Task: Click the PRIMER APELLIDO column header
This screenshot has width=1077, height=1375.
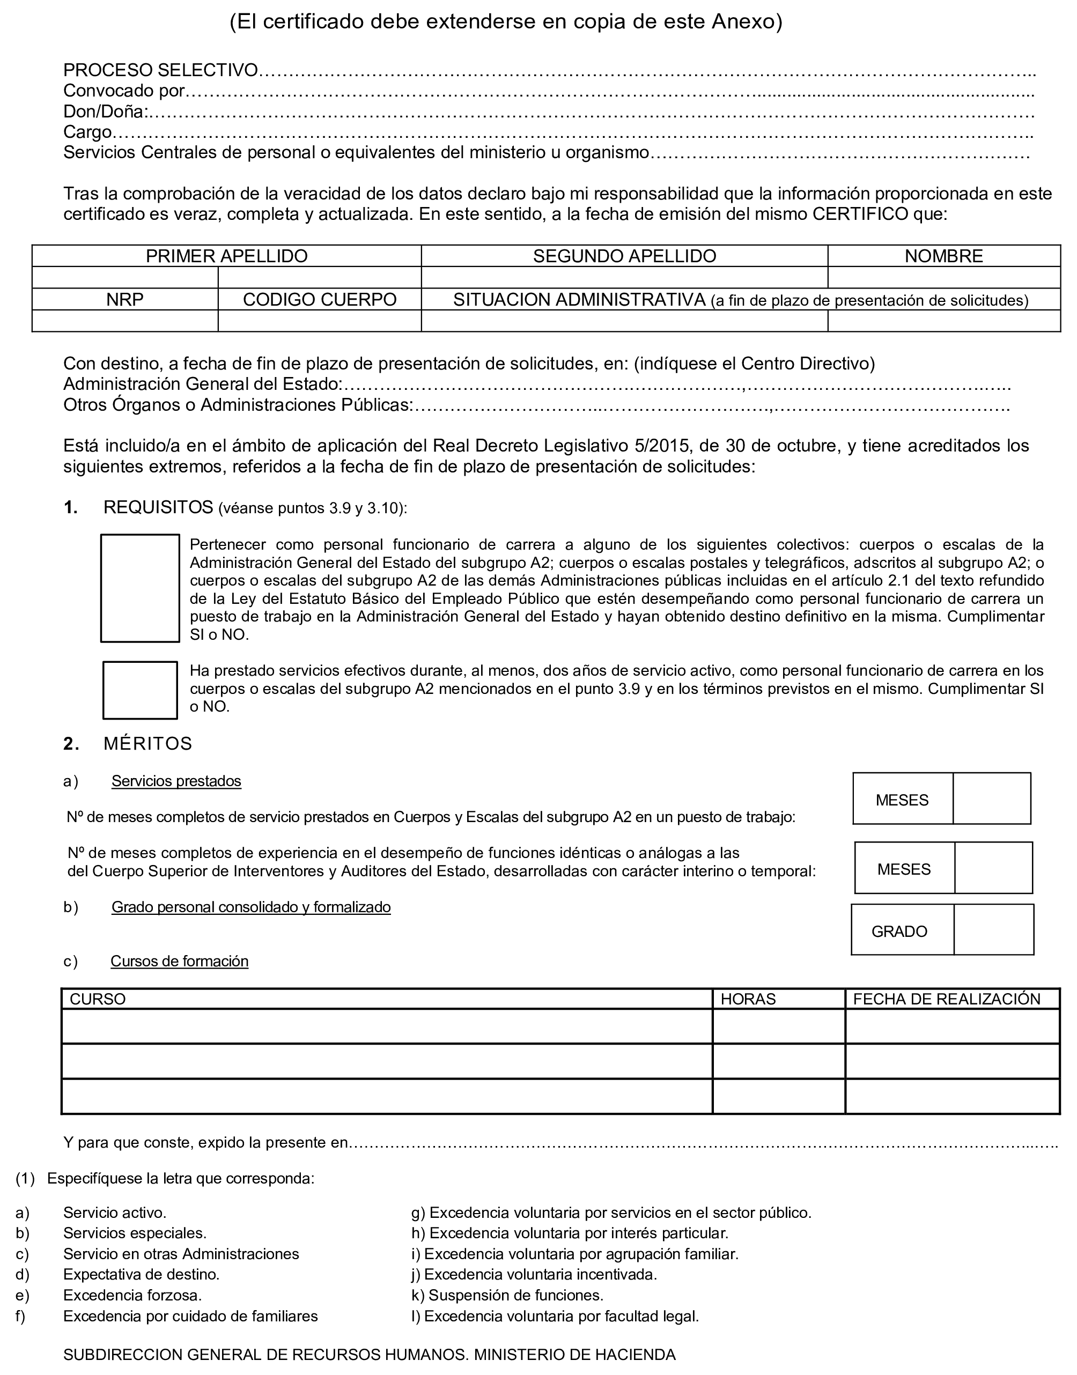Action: pos(226,256)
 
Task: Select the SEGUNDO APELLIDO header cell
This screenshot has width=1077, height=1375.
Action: pos(624,256)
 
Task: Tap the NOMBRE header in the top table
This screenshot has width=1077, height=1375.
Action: pos(943,256)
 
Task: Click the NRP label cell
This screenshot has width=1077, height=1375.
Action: pos(125,299)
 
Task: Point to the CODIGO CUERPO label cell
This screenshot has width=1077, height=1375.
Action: pos(320,299)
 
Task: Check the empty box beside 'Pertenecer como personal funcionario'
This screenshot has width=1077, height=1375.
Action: pos(140,588)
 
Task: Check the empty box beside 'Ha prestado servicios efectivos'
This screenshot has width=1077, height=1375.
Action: pos(140,690)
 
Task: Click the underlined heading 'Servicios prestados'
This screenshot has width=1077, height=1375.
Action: pos(176,781)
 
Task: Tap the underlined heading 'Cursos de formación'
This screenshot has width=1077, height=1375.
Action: pos(179,961)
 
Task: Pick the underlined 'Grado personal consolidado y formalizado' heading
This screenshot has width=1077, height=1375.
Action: pos(251,907)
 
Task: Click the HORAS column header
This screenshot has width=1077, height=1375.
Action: pos(748,999)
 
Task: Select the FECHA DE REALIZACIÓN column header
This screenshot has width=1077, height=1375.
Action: pos(947,999)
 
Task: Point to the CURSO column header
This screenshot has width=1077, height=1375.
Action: pos(98,999)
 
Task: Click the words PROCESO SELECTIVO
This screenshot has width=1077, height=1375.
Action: pos(161,70)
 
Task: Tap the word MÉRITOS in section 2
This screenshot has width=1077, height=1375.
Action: pos(147,744)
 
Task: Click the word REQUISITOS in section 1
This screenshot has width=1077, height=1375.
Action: pos(158,507)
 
